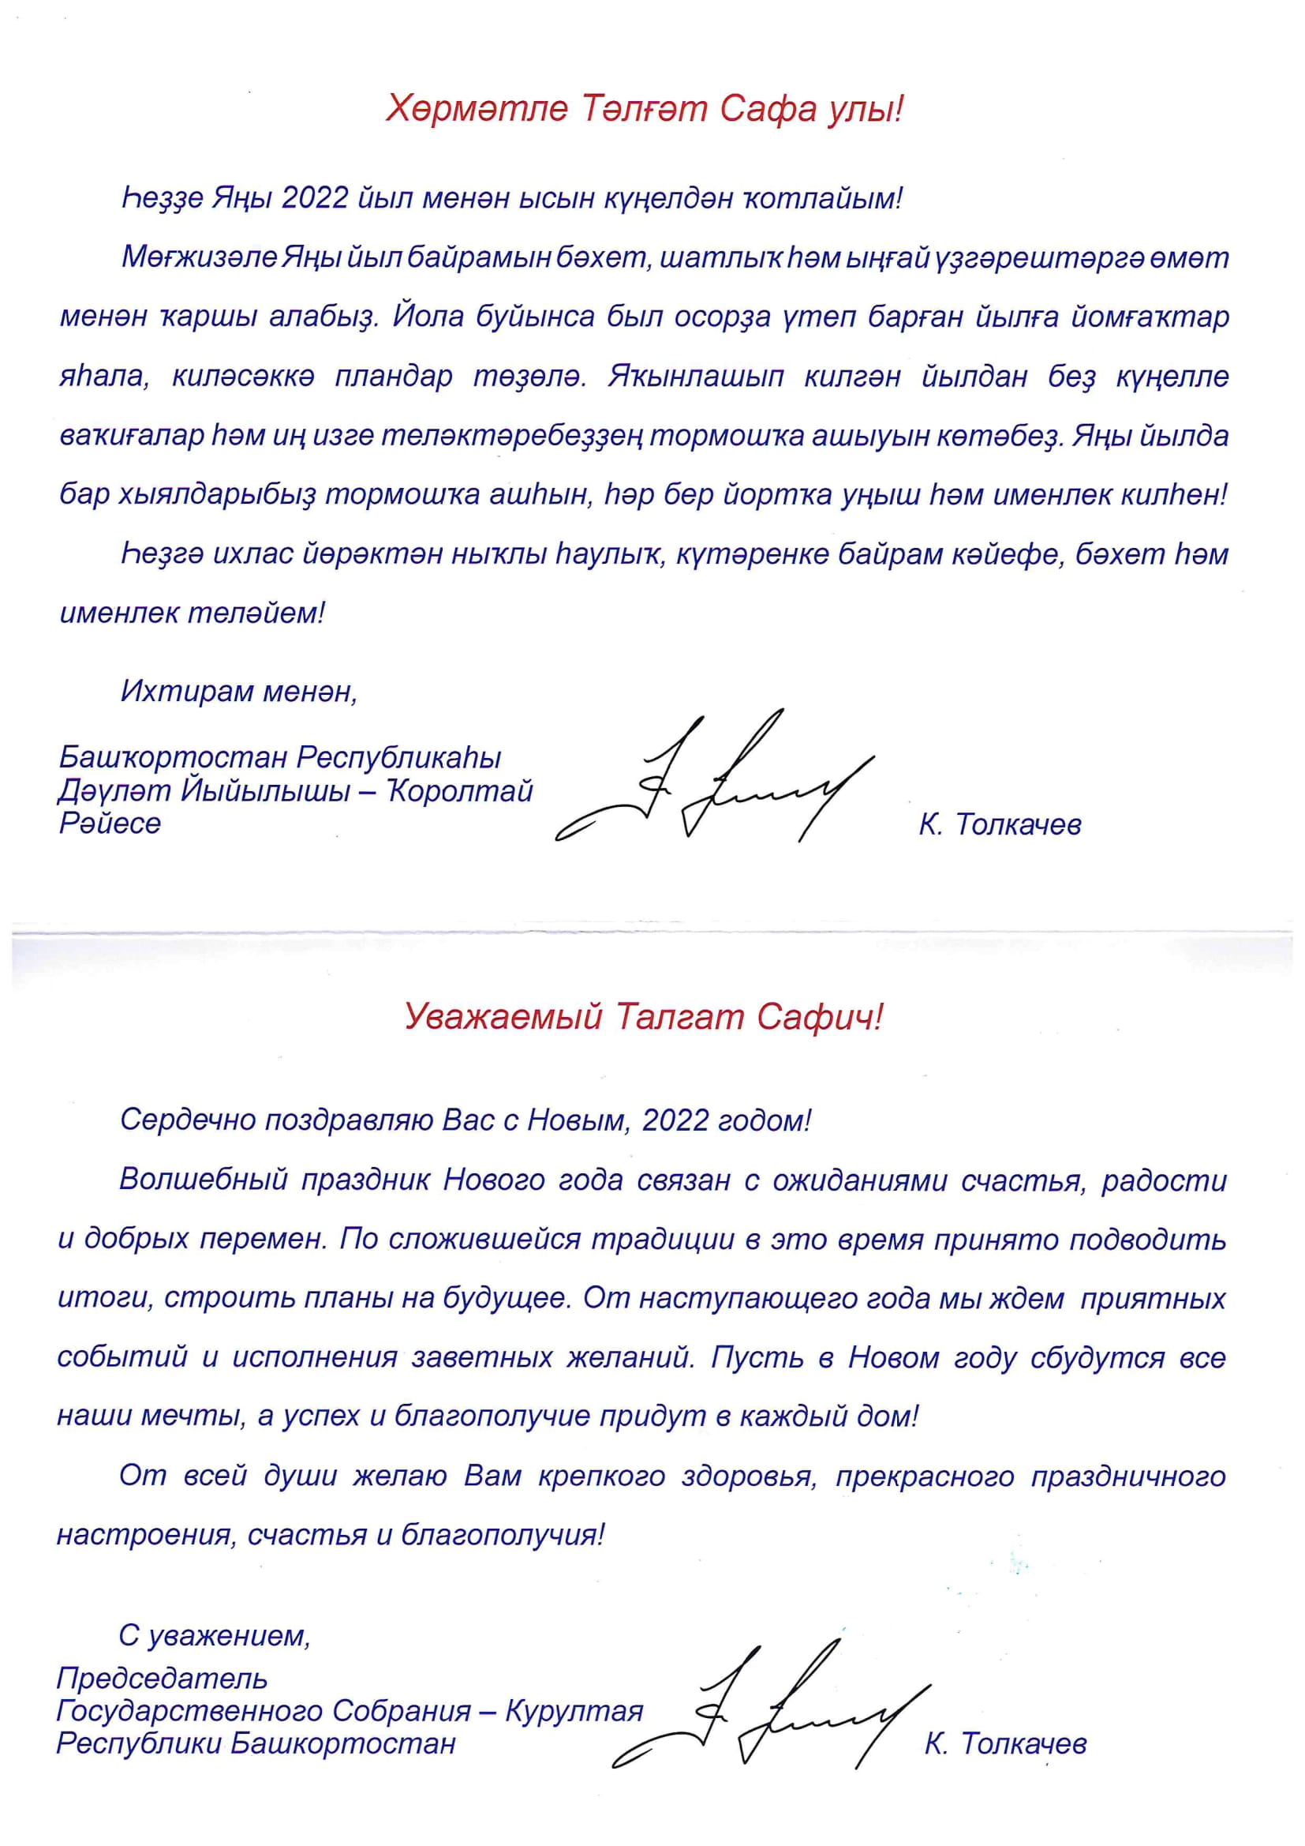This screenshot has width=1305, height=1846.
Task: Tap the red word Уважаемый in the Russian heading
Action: coord(503,1017)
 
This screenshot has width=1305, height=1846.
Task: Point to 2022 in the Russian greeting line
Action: coord(675,1120)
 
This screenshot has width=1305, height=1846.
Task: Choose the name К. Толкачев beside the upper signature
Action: coord(1000,824)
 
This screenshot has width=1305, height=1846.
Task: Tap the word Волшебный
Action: coord(204,1180)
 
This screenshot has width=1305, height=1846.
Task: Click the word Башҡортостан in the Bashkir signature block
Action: coord(173,757)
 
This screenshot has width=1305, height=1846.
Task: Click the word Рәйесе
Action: coord(110,824)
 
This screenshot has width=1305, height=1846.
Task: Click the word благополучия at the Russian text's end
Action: coord(502,1535)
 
